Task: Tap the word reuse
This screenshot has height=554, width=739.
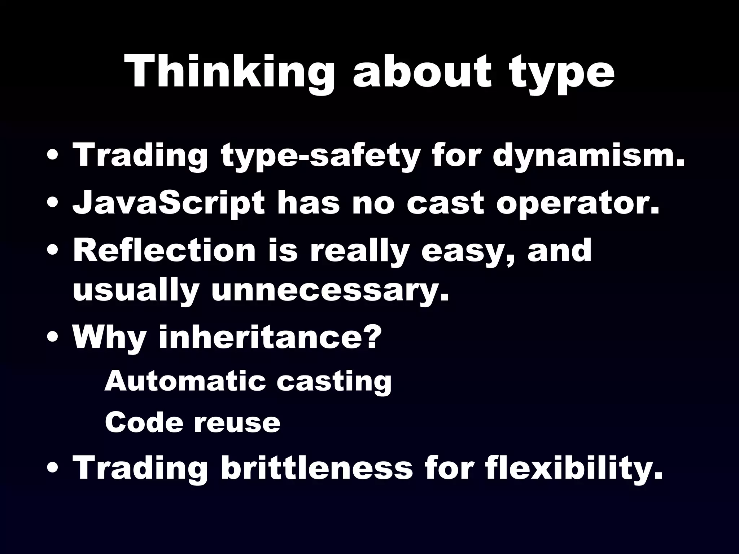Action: [237, 422]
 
